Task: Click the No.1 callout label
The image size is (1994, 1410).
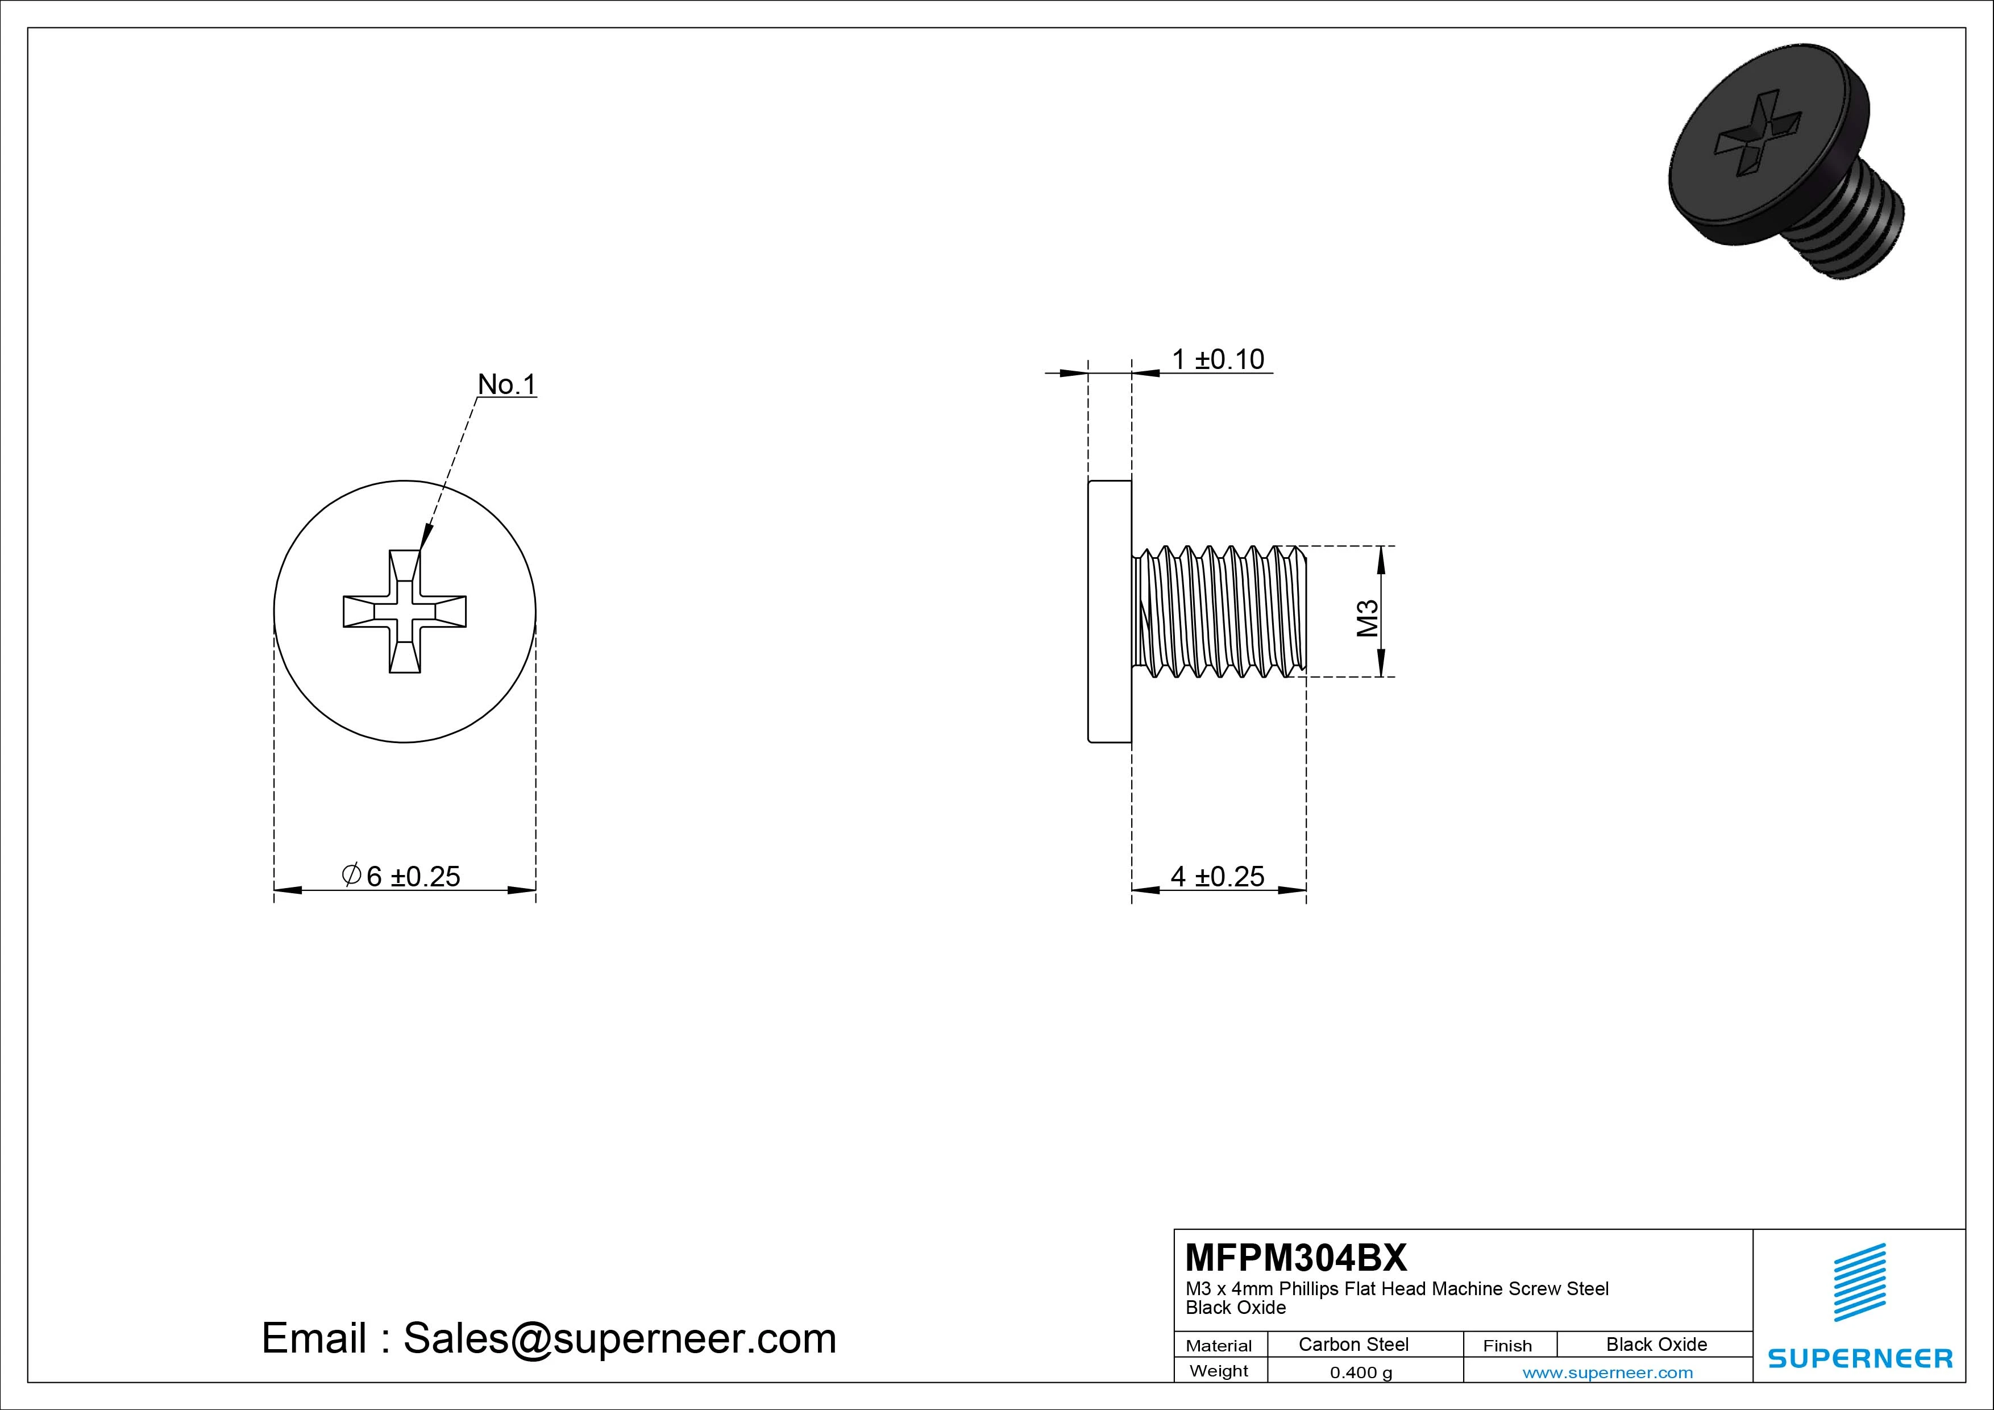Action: pyautogui.click(x=507, y=384)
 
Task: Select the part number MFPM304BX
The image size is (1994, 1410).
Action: pyautogui.click(x=1296, y=1257)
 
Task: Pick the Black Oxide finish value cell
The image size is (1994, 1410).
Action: pyautogui.click(x=1656, y=1344)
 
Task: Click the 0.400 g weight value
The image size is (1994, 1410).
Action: pyautogui.click(x=1361, y=1372)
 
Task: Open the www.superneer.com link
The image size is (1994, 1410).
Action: pyautogui.click(x=1607, y=1372)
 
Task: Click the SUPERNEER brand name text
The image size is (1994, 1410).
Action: pyautogui.click(x=1859, y=1358)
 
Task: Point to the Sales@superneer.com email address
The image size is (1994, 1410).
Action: pyautogui.click(x=619, y=1338)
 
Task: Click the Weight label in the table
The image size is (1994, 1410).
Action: pyautogui.click(x=1219, y=1371)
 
